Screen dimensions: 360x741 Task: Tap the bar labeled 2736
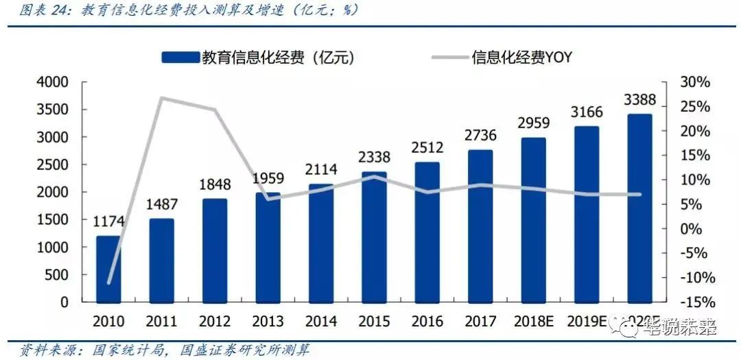pyautogui.click(x=480, y=226)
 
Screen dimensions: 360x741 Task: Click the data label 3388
pyautogui.click(x=639, y=100)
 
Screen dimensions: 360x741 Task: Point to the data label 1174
pyautogui.click(x=108, y=221)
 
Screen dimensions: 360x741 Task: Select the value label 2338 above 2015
pyautogui.click(x=374, y=158)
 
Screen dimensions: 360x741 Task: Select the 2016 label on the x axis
pyautogui.click(x=427, y=321)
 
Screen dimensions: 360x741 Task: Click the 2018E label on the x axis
pyautogui.click(x=533, y=321)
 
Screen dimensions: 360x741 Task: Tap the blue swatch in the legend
pyautogui.click(x=180, y=58)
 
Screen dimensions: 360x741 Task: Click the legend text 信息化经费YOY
pyautogui.click(x=521, y=58)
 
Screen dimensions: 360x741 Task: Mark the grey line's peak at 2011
pyautogui.click(x=162, y=98)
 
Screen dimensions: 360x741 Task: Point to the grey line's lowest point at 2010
pyautogui.click(x=108, y=283)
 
